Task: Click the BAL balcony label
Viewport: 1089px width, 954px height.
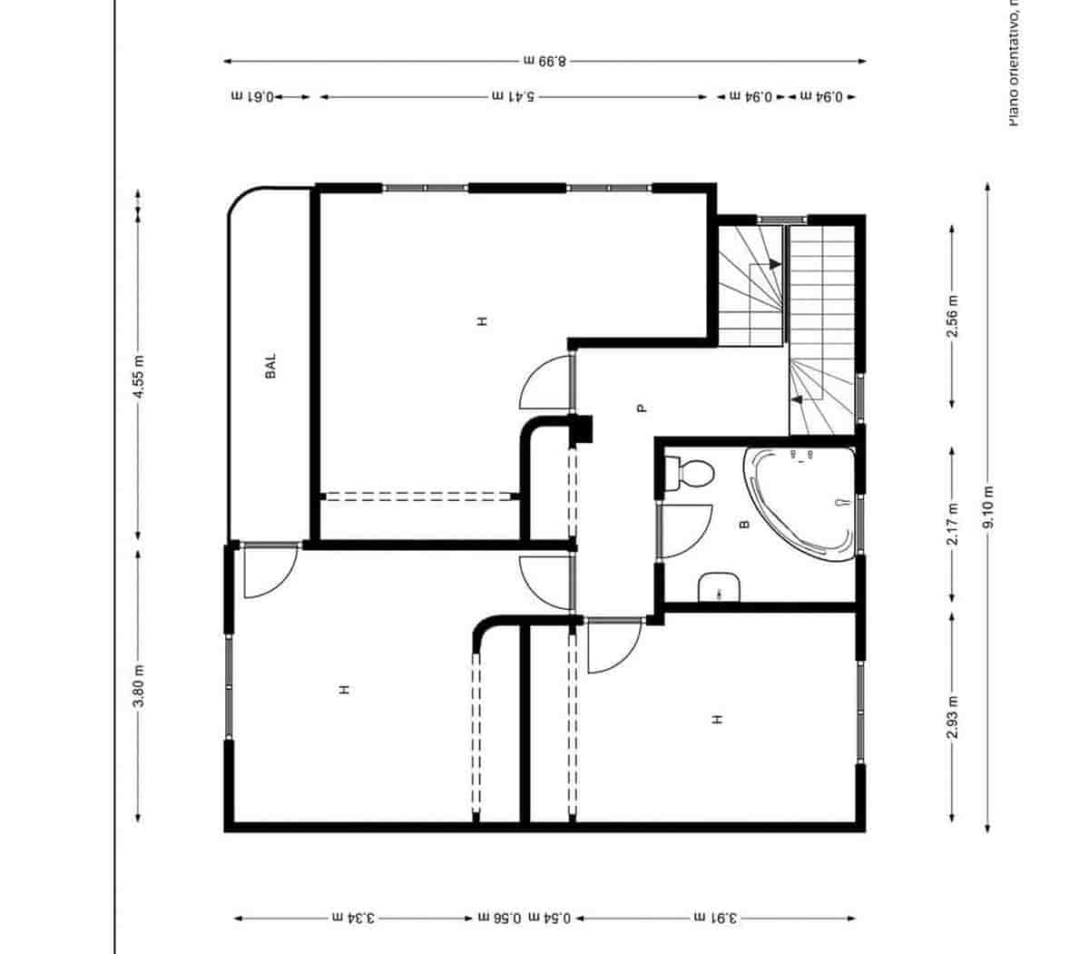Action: click(270, 366)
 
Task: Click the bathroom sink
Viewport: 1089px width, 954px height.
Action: click(721, 587)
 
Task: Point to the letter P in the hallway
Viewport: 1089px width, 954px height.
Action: click(642, 408)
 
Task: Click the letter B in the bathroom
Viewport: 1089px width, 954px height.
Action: click(744, 525)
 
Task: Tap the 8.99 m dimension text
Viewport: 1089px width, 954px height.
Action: click(544, 62)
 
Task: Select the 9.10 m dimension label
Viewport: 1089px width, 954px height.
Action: click(988, 508)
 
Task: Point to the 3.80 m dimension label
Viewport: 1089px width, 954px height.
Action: click(138, 686)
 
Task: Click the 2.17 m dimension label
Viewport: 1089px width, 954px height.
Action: click(952, 525)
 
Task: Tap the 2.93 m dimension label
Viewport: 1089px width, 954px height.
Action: click(952, 717)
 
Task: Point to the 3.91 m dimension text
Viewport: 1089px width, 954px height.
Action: click(717, 919)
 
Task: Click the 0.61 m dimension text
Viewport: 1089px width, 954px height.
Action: click(253, 96)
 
